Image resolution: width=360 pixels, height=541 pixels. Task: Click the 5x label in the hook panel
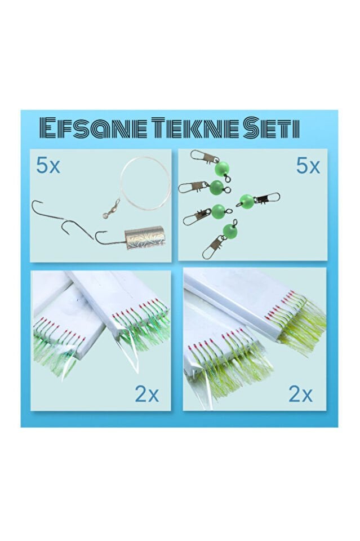pyautogui.click(x=48, y=165)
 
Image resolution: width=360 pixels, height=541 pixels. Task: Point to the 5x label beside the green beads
pyautogui.click(x=307, y=166)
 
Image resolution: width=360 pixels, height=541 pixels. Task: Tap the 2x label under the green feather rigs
pyautogui.click(x=146, y=394)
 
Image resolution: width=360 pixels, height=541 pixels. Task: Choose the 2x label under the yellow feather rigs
pyautogui.click(x=300, y=394)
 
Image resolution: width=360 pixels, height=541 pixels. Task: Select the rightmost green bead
pyautogui.click(x=246, y=200)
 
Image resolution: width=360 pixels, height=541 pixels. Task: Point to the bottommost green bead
pyautogui.click(x=228, y=230)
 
